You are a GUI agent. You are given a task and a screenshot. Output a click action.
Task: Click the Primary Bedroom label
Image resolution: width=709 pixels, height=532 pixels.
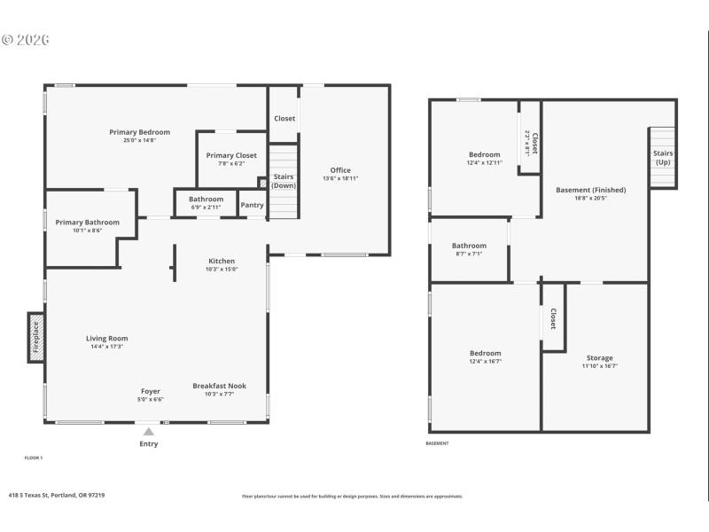pos(139,132)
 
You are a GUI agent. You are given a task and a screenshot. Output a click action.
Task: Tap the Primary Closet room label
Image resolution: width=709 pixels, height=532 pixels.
pos(231,155)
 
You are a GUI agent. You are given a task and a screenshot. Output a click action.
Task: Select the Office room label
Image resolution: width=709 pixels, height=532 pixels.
pos(340,170)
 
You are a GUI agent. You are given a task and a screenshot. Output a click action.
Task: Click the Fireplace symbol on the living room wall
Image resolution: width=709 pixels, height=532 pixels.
pos(36,337)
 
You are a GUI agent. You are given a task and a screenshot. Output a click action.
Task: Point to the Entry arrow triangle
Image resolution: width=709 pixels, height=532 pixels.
pos(149,432)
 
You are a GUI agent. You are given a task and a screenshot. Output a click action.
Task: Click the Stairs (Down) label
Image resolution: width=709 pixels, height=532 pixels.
pos(284,181)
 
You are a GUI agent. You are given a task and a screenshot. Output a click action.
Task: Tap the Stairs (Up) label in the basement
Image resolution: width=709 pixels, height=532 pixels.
pos(663,158)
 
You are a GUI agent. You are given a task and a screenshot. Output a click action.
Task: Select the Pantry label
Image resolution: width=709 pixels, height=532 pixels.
pos(252,205)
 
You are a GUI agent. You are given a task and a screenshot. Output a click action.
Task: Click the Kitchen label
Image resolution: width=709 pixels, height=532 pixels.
pos(222,261)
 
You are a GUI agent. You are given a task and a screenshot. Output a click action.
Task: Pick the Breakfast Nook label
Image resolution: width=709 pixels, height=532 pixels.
pos(220,386)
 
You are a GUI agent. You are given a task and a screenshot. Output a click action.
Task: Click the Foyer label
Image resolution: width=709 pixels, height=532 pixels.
pos(151,391)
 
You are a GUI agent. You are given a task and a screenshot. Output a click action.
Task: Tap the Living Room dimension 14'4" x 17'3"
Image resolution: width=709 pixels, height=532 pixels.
pos(107,346)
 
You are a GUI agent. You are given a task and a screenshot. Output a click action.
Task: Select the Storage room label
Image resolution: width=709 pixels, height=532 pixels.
pos(600,358)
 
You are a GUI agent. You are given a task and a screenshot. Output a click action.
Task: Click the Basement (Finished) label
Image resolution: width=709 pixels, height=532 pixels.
pos(590,190)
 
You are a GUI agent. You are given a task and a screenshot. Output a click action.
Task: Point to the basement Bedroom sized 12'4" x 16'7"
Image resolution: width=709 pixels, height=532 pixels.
pos(485,353)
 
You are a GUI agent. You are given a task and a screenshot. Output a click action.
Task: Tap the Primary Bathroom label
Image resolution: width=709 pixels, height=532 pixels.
pos(87,222)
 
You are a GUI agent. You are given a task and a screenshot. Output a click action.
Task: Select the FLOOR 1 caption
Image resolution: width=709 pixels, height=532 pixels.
pos(33,458)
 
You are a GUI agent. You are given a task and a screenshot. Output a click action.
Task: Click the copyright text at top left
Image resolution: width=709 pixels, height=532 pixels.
pos(26,40)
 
